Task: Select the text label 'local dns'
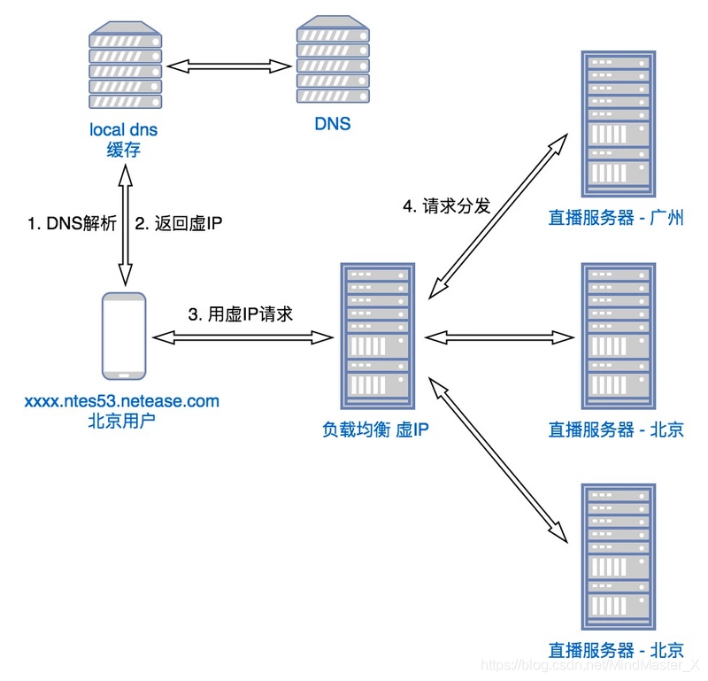[x=124, y=129]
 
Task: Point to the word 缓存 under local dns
[x=124, y=150]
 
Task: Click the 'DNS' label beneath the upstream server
[x=332, y=124]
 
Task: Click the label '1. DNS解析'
[x=72, y=224]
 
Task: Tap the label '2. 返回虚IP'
[x=178, y=224]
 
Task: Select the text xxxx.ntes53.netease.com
[x=122, y=401]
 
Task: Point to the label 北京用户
[x=122, y=421]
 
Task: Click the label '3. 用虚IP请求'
[x=241, y=313]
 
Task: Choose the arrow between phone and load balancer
[x=241, y=337]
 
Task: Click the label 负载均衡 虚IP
[x=377, y=429]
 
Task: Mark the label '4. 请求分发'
[x=447, y=206]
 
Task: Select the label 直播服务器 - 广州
[x=617, y=217]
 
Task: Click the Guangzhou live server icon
[x=617, y=124]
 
